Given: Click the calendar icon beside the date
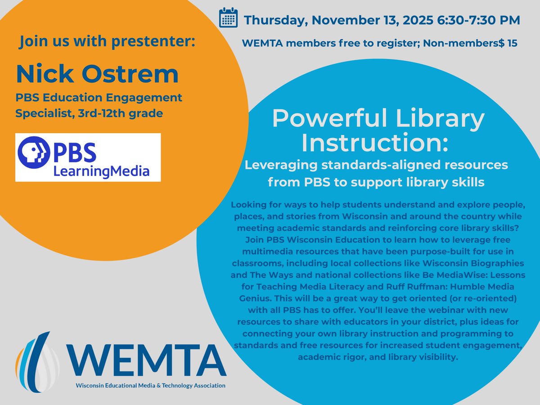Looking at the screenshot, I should coord(228,18).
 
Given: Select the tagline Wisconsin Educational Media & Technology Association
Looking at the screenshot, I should coord(150,386).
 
